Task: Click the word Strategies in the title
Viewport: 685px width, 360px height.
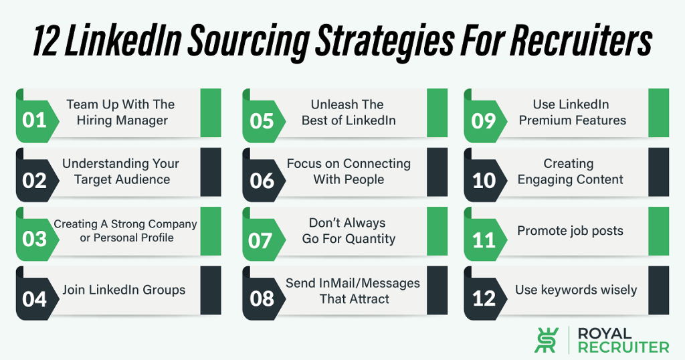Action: (x=385, y=41)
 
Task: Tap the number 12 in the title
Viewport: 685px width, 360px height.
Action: (x=45, y=42)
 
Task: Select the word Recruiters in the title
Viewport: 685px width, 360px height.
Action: (x=581, y=41)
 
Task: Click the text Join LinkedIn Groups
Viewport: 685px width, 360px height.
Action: (x=124, y=290)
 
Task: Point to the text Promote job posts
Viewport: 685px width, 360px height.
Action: (x=570, y=231)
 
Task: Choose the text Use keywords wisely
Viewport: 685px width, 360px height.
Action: (x=576, y=290)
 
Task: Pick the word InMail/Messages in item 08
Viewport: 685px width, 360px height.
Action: (x=369, y=283)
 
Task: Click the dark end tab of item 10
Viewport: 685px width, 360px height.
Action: (x=658, y=172)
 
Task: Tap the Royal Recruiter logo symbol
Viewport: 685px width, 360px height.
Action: (x=547, y=340)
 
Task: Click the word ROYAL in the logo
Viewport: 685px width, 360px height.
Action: (x=605, y=334)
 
